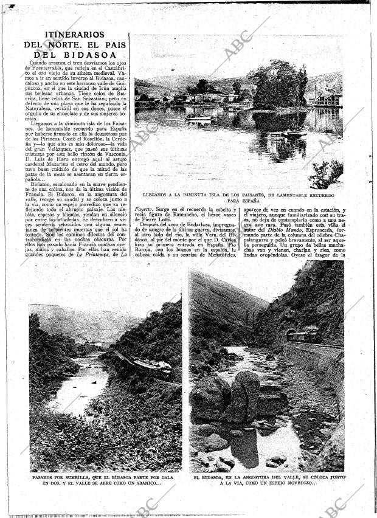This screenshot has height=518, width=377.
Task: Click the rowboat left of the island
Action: (198, 118)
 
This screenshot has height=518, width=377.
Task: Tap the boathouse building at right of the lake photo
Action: (327, 100)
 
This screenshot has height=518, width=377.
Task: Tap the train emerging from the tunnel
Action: (303, 335)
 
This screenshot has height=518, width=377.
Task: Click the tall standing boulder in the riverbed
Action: (245, 395)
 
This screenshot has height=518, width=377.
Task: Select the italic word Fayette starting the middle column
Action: (145, 210)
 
